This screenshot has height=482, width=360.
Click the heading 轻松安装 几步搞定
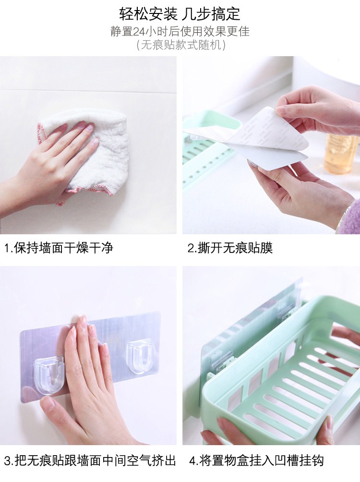(180, 14)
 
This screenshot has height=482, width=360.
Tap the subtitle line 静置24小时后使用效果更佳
(180, 31)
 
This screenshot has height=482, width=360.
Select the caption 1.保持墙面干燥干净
(59, 247)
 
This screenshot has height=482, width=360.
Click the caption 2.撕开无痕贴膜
(230, 248)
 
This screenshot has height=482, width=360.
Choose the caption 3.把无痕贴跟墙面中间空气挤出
(90, 461)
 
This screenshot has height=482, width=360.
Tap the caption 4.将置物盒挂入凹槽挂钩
(256, 461)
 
